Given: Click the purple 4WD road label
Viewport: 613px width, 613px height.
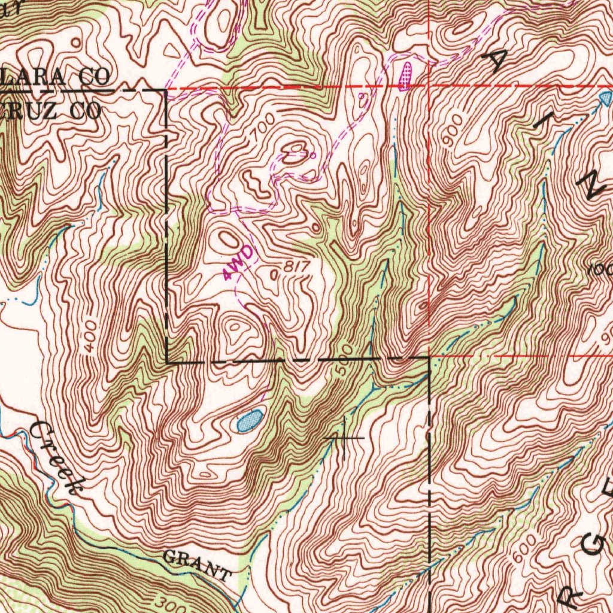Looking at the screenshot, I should click(x=238, y=264).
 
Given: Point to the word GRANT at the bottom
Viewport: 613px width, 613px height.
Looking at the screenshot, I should click(x=197, y=566).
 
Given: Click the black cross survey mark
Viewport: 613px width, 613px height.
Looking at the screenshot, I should click(x=344, y=438).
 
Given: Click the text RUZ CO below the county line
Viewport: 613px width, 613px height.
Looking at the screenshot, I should click(x=51, y=110).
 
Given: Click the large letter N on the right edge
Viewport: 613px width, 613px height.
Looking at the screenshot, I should click(x=595, y=186).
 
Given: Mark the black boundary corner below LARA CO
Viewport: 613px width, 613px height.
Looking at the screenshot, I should click(x=165, y=90).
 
